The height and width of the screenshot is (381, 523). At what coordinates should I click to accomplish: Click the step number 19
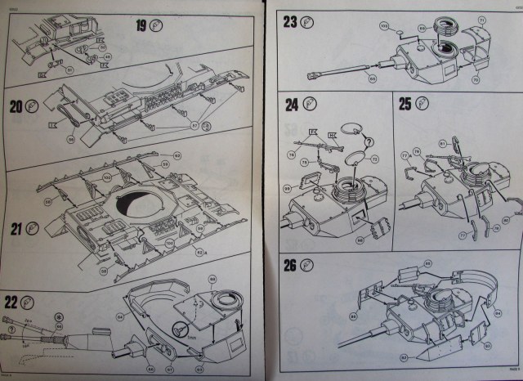click(140, 26)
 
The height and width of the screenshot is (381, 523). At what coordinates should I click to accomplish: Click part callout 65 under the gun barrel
click(373, 101)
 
